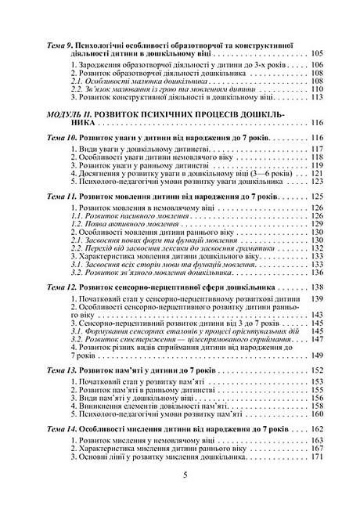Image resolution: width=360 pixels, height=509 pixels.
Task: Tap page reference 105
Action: (x=316, y=54)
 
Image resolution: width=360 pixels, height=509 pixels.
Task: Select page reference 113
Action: (x=316, y=99)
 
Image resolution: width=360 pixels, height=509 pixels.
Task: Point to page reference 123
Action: (x=316, y=181)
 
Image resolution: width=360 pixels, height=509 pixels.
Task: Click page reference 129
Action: (x=316, y=225)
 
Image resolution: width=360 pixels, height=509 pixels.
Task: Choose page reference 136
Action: (x=316, y=273)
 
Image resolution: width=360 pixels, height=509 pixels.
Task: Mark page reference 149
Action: (x=316, y=355)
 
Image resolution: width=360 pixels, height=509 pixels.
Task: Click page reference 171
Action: (x=316, y=458)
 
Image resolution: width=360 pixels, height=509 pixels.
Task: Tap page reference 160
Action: (x=316, y=414)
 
